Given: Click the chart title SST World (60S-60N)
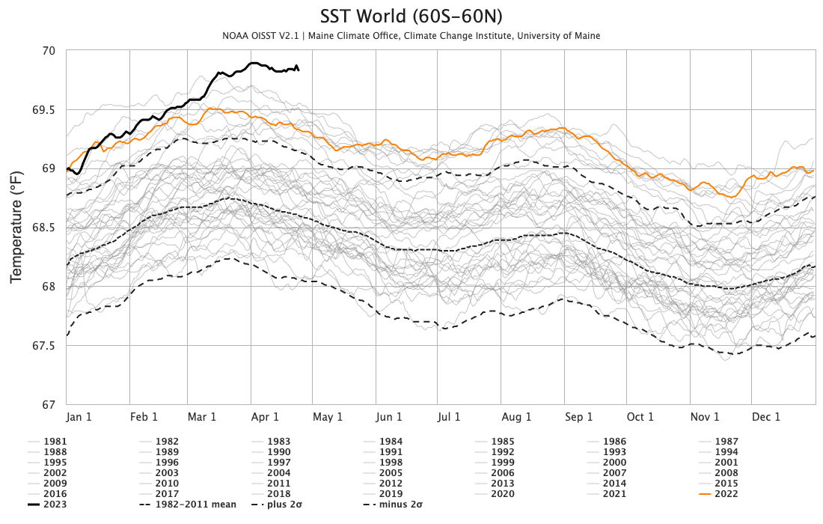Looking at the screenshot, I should (411, 16).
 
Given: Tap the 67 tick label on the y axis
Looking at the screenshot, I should (49, 405).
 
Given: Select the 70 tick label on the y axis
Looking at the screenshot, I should (49, 51).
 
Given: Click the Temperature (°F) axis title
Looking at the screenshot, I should (16, 228).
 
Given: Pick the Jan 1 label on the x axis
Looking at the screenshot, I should (79, 417).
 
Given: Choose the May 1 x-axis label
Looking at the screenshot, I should (328, 417).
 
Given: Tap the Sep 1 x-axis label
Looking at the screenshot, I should (578, 417).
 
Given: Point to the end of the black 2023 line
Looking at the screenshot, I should (299, 70).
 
